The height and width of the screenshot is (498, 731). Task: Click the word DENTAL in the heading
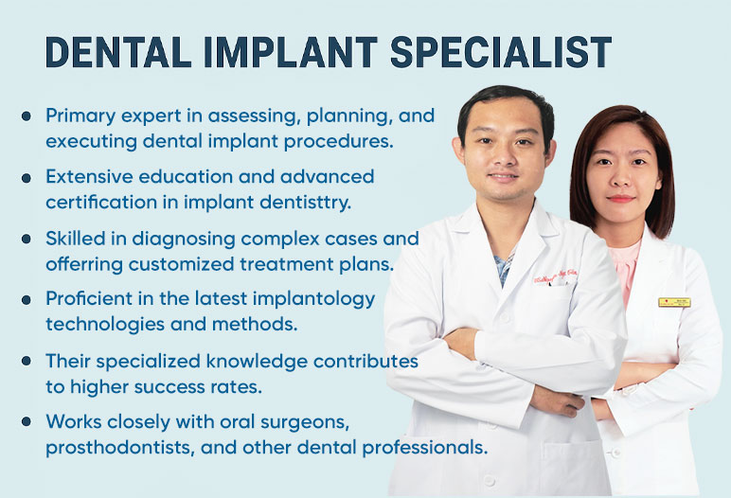118,52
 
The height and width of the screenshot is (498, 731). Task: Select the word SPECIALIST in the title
501,52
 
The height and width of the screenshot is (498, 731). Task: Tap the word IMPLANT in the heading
291,52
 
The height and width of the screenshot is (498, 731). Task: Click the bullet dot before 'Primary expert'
27,116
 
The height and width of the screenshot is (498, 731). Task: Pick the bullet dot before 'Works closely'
27,421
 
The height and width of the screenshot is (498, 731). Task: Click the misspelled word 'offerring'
84,264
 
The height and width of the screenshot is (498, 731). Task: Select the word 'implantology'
313,299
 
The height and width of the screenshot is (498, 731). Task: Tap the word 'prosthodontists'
120,448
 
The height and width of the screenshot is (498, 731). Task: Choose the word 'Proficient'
89,298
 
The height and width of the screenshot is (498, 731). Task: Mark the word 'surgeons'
305,422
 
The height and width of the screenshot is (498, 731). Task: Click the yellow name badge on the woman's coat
674,302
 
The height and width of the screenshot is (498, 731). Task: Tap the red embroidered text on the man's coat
556,276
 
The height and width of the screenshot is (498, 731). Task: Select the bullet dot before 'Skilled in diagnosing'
27,239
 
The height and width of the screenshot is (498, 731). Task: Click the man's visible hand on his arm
557,401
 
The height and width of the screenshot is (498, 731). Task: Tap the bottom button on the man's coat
489,480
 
